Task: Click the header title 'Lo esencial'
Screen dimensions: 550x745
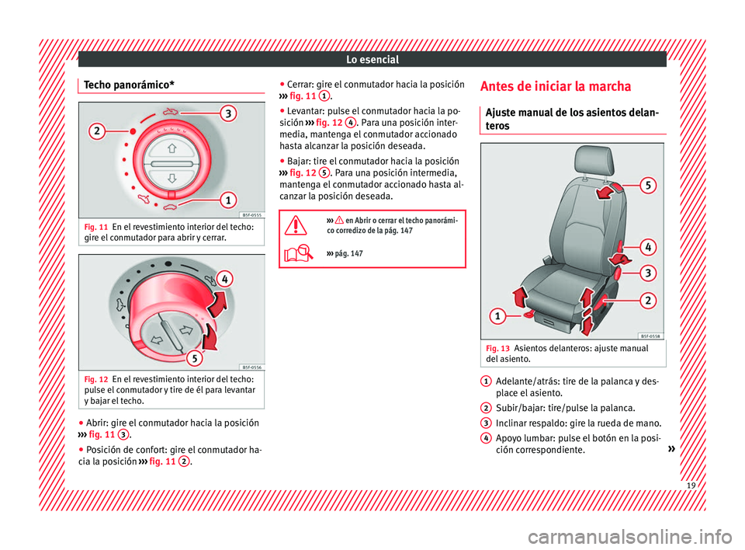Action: click(372, 60)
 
